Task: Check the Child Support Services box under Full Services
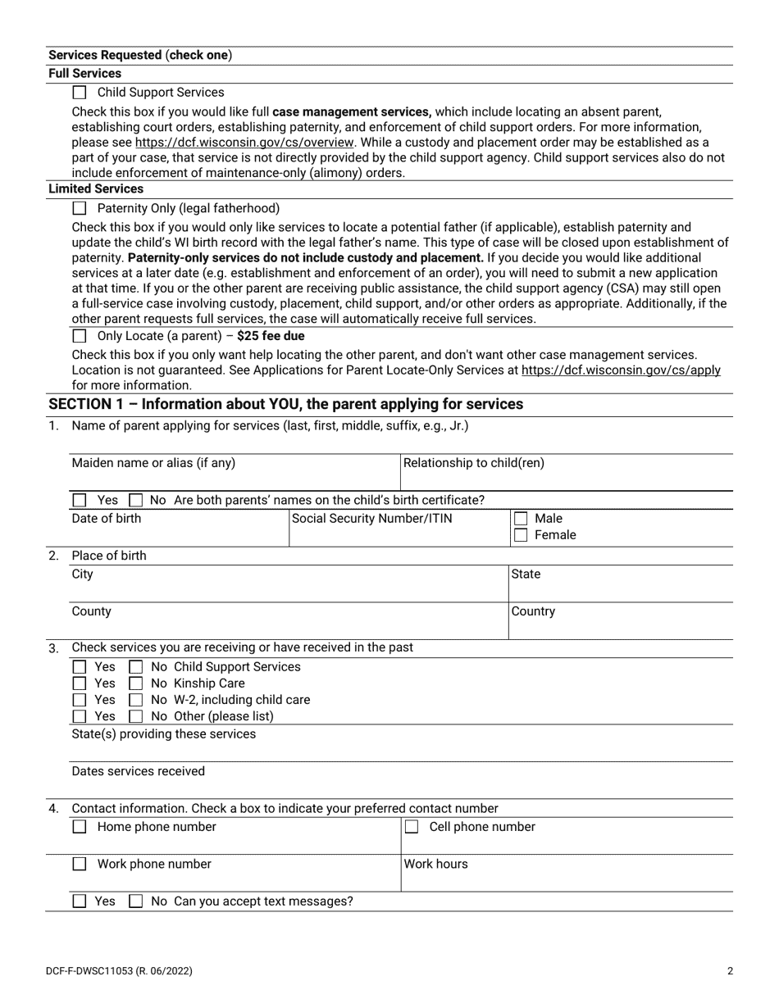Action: point(80,93)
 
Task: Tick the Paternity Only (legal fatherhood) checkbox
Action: point(80,209)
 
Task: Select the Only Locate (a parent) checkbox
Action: point(80,336)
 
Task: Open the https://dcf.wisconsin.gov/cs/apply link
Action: point(621,370)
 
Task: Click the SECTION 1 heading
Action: point(285,404)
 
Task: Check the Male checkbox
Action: point(521,519)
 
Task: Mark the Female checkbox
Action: point(521,535)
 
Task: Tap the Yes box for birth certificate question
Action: point(80,500)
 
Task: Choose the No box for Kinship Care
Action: point(136,683)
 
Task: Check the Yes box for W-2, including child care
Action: point(80,700)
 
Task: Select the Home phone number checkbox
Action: point(80,828)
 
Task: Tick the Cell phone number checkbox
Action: point(412,828)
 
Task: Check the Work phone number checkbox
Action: point(80,865)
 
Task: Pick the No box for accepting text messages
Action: point(136,901)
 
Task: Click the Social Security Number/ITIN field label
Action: point(371,518)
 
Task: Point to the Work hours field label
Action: point(435,864)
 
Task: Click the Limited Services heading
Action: point(96,188)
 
